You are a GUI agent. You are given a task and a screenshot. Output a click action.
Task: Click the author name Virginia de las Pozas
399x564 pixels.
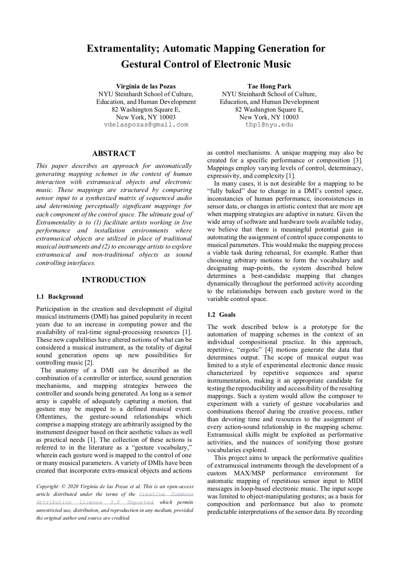pos(146,86)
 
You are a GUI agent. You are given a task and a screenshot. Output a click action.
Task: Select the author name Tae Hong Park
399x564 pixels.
pos(269,86)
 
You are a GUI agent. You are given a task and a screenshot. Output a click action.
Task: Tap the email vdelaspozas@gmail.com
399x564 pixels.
pos(146,125)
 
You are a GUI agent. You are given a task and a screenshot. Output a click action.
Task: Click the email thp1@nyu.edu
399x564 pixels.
pos(269,125)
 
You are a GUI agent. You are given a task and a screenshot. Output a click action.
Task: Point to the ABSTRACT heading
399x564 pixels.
pos(114,153)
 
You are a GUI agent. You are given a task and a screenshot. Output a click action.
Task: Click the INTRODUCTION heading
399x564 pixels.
pos(114,280)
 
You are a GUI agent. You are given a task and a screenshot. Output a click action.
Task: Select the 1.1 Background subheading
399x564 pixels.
pos(60,297)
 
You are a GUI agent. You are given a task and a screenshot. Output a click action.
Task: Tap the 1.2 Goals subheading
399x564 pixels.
pos(221,315)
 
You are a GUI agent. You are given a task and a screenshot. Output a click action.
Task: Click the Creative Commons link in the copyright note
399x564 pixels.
pos(166,495)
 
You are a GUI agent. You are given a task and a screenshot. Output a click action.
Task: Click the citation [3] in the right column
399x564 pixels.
pos(358,160)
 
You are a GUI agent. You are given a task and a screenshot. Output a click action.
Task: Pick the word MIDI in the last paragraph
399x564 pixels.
pos(356,481)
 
